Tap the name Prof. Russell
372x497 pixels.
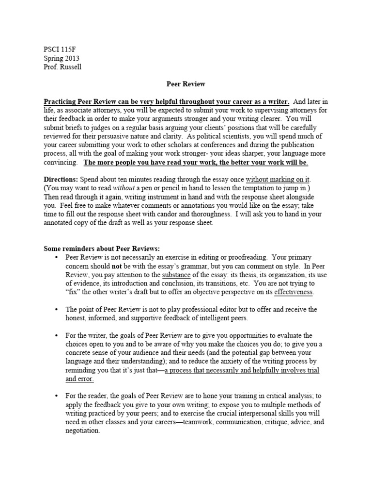[x=62, y=66]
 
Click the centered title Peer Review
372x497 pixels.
[x=186, y=84]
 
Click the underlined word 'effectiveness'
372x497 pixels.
[x=294, y=292]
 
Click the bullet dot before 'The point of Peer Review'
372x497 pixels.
[x=57, y=310]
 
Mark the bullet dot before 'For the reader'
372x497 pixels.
[x=57, y=396]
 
